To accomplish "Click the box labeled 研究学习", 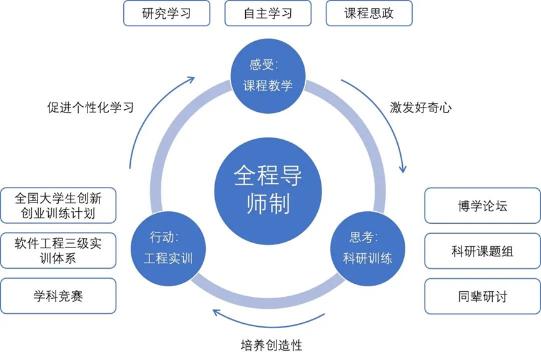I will coord(166,13).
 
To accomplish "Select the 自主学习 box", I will coord(268,13).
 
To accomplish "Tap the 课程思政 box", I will coord(369,13).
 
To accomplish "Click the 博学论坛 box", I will coord(482,206).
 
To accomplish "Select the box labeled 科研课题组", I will coord(482,251).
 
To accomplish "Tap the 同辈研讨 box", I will coord(482,296).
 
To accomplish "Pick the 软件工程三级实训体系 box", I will coord(58,251).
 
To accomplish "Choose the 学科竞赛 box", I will coord(58,296).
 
